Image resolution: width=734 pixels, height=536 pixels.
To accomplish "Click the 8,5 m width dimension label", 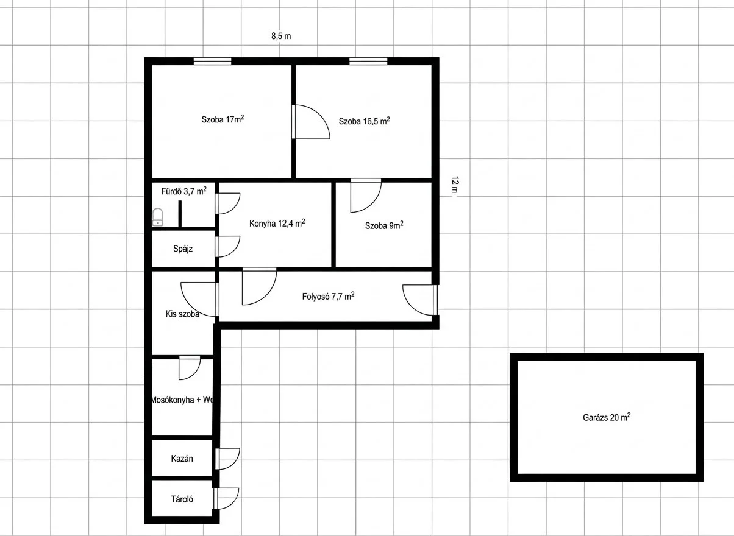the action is click(x=281, y=36).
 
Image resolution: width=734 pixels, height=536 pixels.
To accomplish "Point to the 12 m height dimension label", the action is click(x=455, y=185).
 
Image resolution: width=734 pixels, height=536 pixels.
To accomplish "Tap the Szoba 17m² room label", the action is click(x=223, y=119).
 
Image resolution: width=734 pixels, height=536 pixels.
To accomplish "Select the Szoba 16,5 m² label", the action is click(x=364, y=121).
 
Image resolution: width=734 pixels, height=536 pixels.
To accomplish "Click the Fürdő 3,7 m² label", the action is click(x=184, y=191).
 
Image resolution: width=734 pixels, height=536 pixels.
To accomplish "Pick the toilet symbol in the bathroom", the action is click(x=158, y=217).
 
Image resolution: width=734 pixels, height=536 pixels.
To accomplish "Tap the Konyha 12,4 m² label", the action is click(x=277, y=224).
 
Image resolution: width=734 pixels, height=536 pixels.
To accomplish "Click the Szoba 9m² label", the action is click(x=384, y=225).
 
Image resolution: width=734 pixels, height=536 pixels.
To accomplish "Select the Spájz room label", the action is click(x=183, y=249).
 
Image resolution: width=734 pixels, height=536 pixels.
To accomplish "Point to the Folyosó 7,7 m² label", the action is click(x=328, y=296).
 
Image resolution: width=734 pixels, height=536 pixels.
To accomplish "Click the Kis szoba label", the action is click(x=182, y=314).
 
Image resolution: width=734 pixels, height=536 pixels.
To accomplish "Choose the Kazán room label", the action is click(x=182, y=459).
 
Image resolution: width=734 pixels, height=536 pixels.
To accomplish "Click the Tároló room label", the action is click(x=182, y=499).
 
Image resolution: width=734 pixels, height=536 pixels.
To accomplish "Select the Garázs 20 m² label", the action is click(x=607, y=417).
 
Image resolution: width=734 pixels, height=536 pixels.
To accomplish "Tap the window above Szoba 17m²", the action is click(x=212, y=62).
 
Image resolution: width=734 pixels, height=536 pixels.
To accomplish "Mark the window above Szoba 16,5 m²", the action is click(x=368, y=62).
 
